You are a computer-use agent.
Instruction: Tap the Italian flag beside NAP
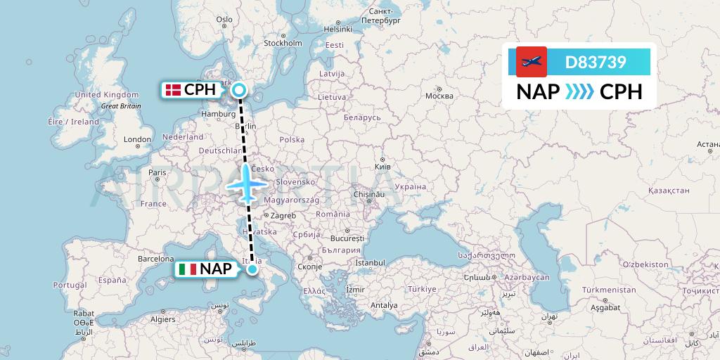(x=188, y=269)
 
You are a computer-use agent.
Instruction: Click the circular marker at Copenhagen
(x=240, y=90)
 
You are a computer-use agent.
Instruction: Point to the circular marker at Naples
(x=252, y=269)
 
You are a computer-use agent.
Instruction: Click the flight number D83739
(x=596, y=62)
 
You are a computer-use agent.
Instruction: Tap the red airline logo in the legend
(x=532, y=62)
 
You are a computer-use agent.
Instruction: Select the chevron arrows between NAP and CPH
(x=579, y=92)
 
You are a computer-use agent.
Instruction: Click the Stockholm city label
(x=283, y=43)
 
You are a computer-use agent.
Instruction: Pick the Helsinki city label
(x=337, y=29)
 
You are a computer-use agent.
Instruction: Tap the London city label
(x=137, y=139)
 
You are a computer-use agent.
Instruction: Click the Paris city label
(x=157, y=172)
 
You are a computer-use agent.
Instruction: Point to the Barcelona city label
(x=156, y=258)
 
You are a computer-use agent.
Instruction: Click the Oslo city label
(x=224, y=20)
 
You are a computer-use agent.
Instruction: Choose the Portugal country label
(x=70, y=285)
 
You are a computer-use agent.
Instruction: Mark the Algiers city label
(x=162, y=319)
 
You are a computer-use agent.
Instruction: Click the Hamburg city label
(x=217, y=113)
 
